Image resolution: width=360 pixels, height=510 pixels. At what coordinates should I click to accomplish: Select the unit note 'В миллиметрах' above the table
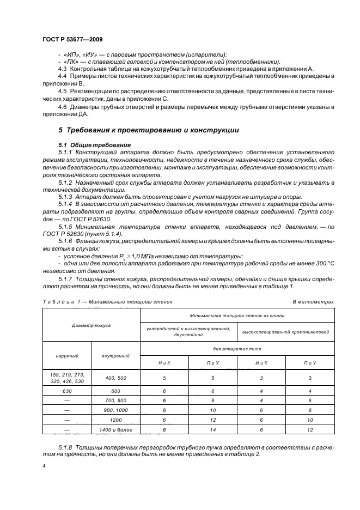coord(313,301)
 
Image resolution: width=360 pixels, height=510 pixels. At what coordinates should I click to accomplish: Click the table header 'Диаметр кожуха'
coord(91,325)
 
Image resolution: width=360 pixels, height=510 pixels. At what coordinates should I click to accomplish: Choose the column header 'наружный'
coord(66,355)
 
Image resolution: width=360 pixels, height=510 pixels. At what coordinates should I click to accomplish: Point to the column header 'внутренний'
coord(116,355)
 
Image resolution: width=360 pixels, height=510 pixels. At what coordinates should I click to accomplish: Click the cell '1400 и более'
coord(116,429)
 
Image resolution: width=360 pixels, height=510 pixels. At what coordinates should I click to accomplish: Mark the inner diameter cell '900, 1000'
coord(116,410)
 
